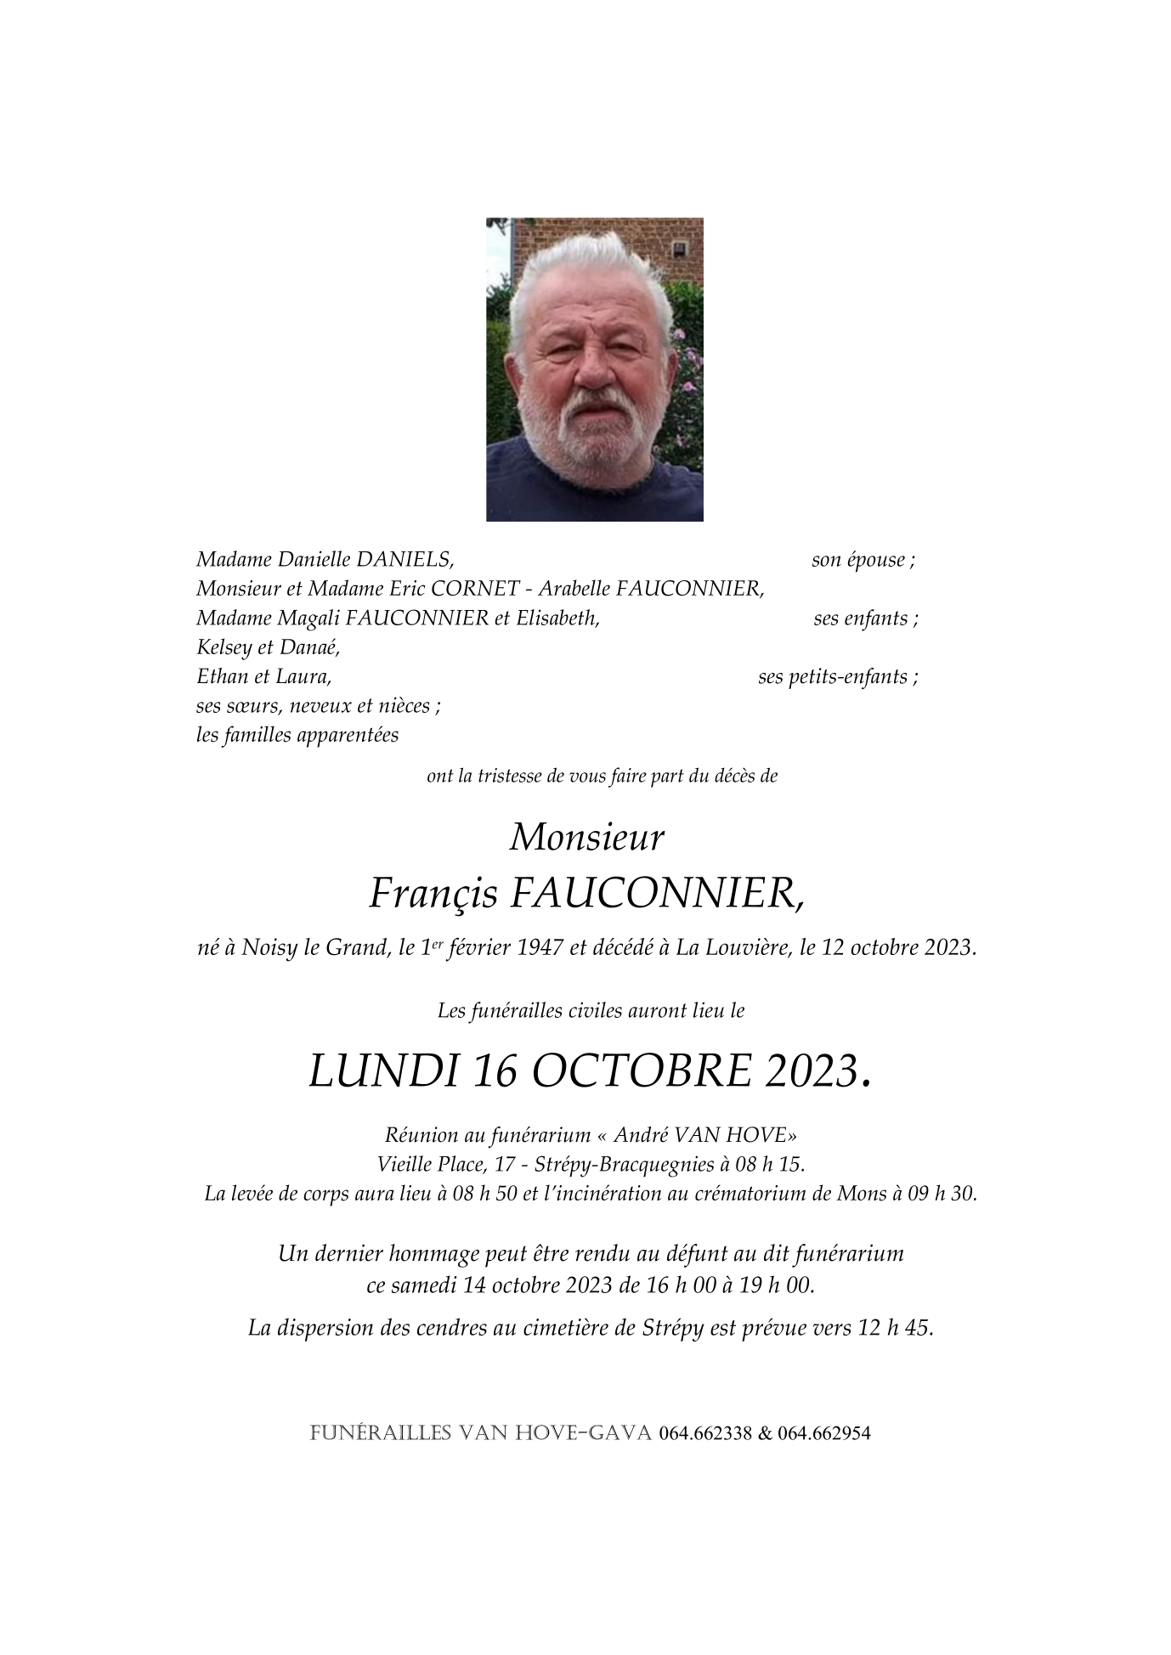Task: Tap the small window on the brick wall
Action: click(x=679, y=249)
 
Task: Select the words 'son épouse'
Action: click(x=858, y=560)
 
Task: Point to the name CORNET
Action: click(x=484, y=589)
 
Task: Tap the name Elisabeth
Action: click(x=557, y=619)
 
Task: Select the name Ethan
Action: click(x=218, y=677)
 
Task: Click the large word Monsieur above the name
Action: click(x=586, y=839)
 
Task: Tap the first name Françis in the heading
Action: click(x=432, y=893)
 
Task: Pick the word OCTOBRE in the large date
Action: click(x=642, y=1071)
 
